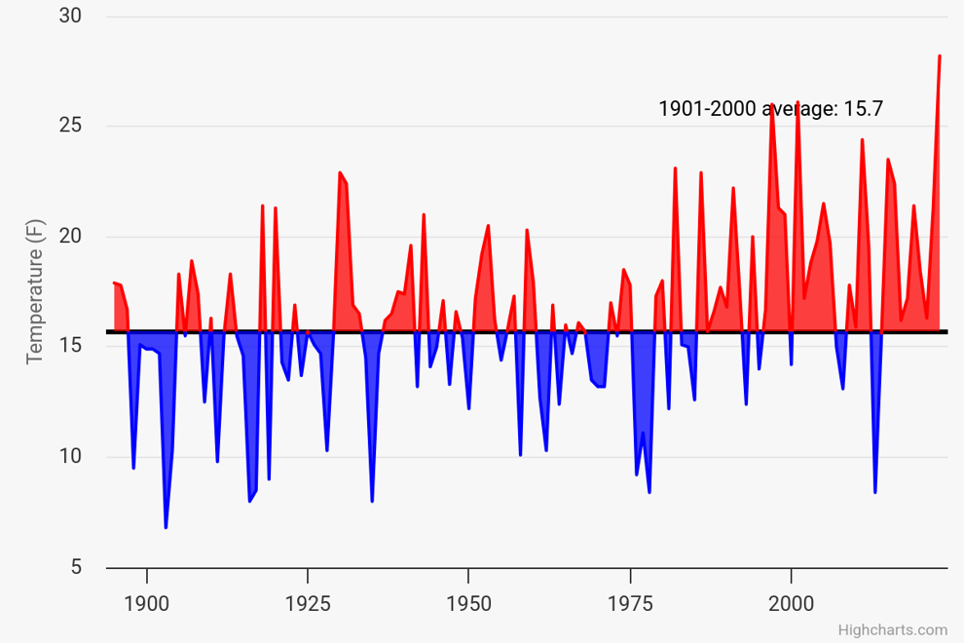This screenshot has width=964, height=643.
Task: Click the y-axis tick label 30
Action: click(70, 16)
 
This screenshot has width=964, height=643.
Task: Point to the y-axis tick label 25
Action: click(70, 126)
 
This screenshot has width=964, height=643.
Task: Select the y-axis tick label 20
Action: click(70, 237)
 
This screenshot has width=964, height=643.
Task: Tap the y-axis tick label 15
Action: click(70, 346)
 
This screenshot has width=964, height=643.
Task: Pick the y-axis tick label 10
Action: click(70, 457)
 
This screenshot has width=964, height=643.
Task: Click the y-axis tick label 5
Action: click(76, 567)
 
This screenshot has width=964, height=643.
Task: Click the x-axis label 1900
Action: click(146, 604)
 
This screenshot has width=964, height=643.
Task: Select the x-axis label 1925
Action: click(308, 604)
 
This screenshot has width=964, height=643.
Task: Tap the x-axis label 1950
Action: click(468, 604)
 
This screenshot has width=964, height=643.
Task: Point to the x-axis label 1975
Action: click(630, 604)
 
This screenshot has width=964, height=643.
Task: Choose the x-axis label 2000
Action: click(792, 604)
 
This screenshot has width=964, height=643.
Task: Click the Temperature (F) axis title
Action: click(35, 291)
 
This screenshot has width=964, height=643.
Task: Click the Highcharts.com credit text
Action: click(893, 630)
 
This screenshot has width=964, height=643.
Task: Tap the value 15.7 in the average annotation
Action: click(863, 109)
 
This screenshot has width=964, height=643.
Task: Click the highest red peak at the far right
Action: click(940, 56)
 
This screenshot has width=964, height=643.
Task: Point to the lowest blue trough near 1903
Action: click(166, 527)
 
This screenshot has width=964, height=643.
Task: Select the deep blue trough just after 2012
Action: click(874, 492)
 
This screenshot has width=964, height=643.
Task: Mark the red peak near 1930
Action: click(340, 172)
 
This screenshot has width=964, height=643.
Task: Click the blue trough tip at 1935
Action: click(372, 502)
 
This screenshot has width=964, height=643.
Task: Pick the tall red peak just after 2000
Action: click(797, 102)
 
